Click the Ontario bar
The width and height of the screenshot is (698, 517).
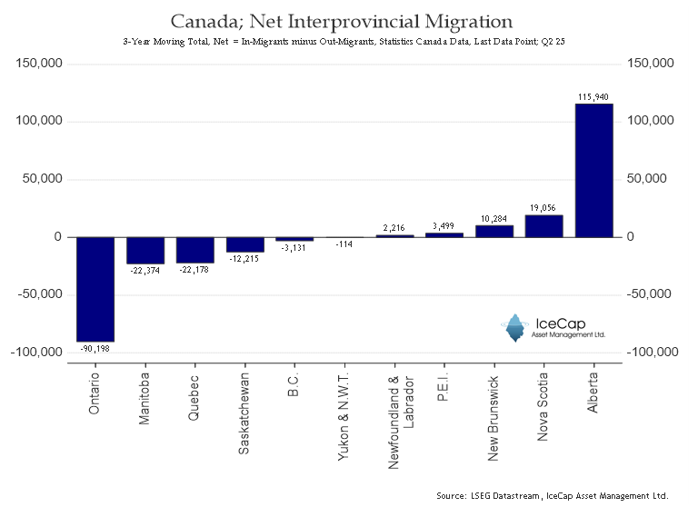(95, 289)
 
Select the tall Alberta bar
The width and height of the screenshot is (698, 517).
(593, 171)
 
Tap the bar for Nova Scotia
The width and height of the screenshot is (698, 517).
(544, 226)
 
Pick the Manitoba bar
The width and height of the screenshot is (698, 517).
(145, 251)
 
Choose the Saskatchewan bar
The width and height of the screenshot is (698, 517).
(244, 244)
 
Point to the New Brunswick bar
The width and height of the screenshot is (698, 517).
(494, 232)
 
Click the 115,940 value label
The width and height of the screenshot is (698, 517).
(593, 96)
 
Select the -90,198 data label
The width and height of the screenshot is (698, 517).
(95, 349)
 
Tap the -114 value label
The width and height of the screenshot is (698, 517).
(344, 244)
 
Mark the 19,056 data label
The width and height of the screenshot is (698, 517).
(543, 208)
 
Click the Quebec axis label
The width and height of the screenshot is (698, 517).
(194, 398)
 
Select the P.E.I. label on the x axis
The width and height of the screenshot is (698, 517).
(443, 387)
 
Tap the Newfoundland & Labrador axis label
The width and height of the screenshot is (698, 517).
(401, 423)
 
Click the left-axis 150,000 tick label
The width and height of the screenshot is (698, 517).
(39, 64)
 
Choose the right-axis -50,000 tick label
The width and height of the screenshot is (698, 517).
(649, 294)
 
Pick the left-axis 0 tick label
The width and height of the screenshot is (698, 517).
(58, 237)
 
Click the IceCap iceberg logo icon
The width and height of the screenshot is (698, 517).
(515, 328)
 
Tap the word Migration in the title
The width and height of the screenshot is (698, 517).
(468, 22)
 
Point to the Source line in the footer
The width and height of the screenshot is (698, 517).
(553, 495)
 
